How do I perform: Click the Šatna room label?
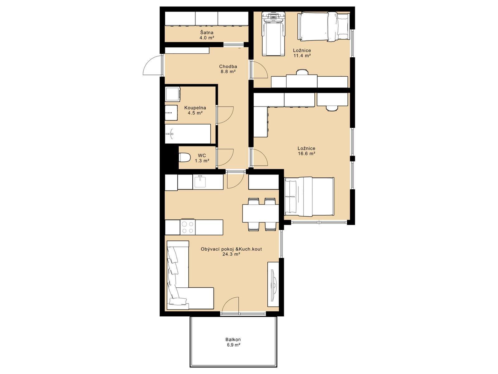pyautogui.click(x=206, y=32)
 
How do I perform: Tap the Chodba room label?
pyautogui.click(x=228, y=66)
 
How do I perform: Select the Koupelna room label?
pyautogui.click(x=195, y=108)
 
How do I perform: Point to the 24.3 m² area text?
pyautogui.click(x=231, y=254)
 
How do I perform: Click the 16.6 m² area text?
pyautogui.click(x=307, y=154)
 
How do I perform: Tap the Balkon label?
pyautogui.click(x=233, y=339)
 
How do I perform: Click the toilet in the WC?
pyautogui.click(x=184, y=158)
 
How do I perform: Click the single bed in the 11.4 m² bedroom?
pyautogui.click(x=323, y=27)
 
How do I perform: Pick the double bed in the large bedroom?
pyautogui.click(x=309, y=197)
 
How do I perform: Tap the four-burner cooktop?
pyautogui.click(x=188, y=227)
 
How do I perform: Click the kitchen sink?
pyautogui.click(x=200, y=181)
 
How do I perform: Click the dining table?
pyautogui.click(x=261, y=213)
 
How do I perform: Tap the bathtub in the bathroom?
pyautogui.click(x=188, y=134)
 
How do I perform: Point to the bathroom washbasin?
pyautogui.click(x=171, y=113)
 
